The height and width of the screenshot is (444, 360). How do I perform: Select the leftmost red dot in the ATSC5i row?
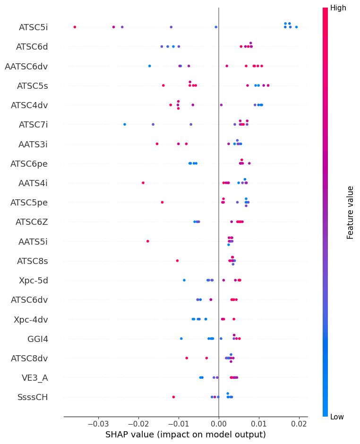pos(75,27)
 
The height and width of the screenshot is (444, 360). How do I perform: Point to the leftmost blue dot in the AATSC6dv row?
pos(150,66)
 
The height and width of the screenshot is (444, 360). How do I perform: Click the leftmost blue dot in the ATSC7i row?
pos(125,124)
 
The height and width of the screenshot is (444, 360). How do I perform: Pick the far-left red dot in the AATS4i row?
pos(143,183)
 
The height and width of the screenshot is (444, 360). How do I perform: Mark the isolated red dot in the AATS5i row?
pos(148,241)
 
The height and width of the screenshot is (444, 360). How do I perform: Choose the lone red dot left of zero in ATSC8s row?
pos(177,261)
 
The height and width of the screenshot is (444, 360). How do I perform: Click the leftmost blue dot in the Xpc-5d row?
pos(184,280)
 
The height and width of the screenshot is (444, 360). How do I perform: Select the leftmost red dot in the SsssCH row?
pos(173,397)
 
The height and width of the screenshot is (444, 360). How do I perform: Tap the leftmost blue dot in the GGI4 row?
pos(181,338)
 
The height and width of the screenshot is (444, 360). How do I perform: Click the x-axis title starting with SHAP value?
pos(185,435)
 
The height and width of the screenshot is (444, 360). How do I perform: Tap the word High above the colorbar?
pos(338,8)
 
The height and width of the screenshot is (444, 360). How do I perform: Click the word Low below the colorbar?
pos(337,417)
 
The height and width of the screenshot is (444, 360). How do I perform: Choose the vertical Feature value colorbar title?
pos(350,212)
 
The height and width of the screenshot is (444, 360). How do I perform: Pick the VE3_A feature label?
pos(34,377)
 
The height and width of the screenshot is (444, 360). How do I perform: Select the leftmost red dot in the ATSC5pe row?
pos(162,202)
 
